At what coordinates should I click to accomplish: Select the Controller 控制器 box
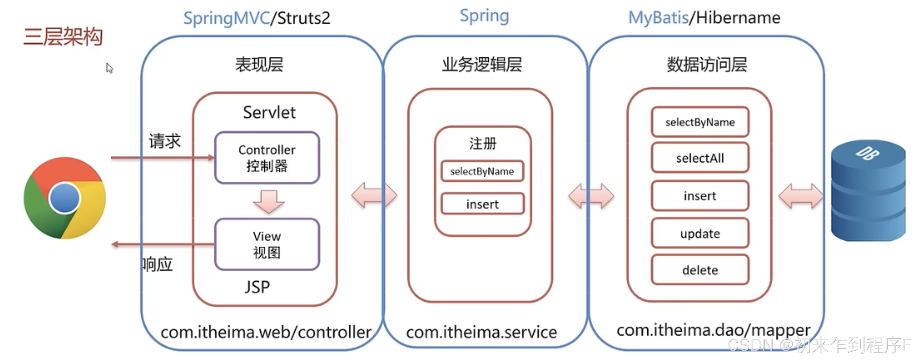pyautogui.click(x=267, y=158)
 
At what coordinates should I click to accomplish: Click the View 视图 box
pyautogui.click(x=267, y=244)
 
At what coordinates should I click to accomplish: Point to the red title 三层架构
pyautogui.click(x=63, y=36)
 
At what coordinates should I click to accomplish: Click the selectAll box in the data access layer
pyautogui.click(x=700, y=158)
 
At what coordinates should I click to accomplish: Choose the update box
pyautogui.click(x=700, y=234)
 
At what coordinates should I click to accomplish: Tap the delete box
pyautogui.click(x=700, y=270)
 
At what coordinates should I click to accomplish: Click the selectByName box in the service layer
pyautogui.click(x=482, y=171)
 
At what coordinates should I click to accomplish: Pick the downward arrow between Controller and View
pyautogui.click(x=268, y=201)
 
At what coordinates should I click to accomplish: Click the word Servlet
pyautogui.click(x=269, y=112)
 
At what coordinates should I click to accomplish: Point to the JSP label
pyautogui.click(x=257, y=287)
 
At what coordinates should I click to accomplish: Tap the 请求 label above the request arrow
pyautogui.click(x=165, y=141)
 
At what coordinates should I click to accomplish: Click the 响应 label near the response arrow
pyautogui.click(x=158, y=264)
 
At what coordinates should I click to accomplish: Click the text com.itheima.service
pyautogui.click(x=481, y=332)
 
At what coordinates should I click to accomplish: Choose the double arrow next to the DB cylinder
pyautogui.click(x=801, y=196)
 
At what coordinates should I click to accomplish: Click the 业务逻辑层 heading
pyautogui.click(x=482, y=65)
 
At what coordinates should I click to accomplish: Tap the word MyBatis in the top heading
pyautogui.click(x=658, y=18)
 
